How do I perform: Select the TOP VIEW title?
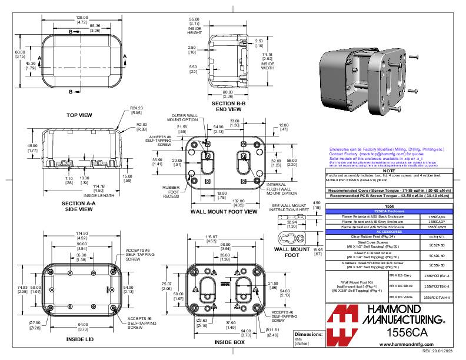(81, 115)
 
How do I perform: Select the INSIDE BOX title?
(228, 342)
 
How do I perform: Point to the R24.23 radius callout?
(137, 108)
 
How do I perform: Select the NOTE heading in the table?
(388, 171)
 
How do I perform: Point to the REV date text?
(440, 351)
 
